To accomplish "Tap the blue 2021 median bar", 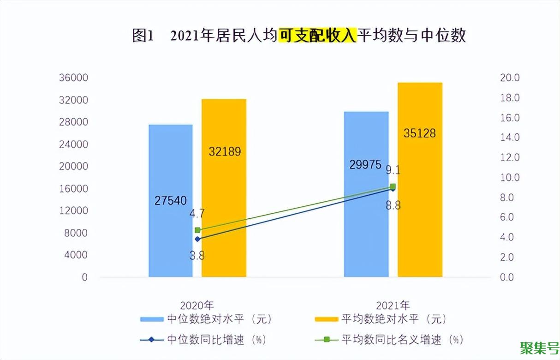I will (x=366, y=231).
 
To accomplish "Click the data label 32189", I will (x=225, y=151).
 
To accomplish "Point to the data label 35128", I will (x=419, y=133).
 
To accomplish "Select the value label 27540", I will (x=170, y=200).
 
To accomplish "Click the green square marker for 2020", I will (x=197, y=230).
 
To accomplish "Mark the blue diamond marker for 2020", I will (x=197, y=239).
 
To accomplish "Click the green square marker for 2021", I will (x=393, y=186).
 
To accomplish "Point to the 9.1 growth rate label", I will (x=393, y=170).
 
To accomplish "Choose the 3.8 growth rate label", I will (x=197, y=255).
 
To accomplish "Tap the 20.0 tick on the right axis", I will (x=510, y=78).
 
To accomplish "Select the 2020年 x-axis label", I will (x=197, y=306).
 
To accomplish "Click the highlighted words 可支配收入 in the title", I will (x=317, y=36).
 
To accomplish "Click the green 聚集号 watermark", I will (x=539, y=347).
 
